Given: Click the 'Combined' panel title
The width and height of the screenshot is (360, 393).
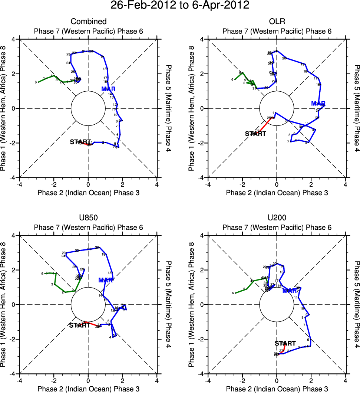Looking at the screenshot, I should click(88, 22).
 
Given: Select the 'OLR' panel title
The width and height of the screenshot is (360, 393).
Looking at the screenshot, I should click(277, 22).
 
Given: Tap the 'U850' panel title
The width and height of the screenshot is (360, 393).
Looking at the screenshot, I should click(88, 218).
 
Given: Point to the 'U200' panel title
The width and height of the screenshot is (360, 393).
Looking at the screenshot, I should click(277, 218).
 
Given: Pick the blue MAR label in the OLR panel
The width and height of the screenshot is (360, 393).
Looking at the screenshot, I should click(318, 103).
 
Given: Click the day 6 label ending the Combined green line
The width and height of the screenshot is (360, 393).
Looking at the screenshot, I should click(36, 82).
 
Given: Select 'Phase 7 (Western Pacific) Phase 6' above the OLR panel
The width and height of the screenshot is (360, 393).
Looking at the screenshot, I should click(277, 31).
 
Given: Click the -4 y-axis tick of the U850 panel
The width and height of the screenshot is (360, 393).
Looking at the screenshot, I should click(14, 374).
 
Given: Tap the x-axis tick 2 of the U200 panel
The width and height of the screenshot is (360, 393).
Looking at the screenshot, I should click(311, 380).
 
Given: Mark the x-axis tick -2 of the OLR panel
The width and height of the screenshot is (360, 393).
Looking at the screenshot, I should click(242, 184).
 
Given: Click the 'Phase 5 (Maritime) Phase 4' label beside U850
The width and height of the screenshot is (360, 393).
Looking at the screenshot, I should click(169, 304).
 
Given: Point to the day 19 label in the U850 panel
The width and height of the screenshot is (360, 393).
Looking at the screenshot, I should click(103, 254).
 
